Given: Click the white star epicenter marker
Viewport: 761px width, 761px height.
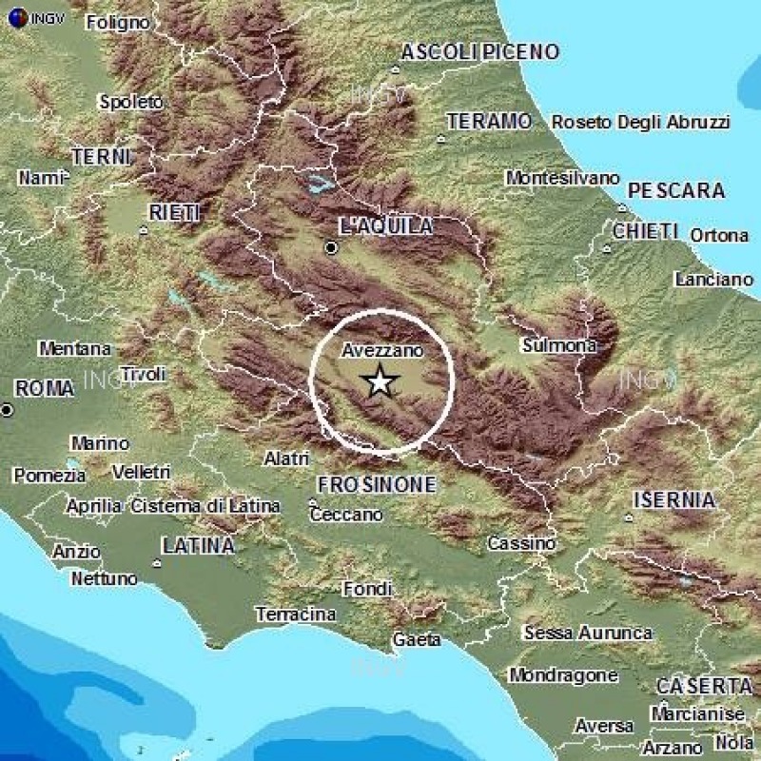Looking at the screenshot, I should pyautogui.click(x=380, y=381).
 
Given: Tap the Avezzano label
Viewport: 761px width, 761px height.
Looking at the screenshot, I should pyautogui.click(x=380, y=351).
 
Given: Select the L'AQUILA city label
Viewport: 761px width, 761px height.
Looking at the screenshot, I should pyautogui.click(x=385, y=226).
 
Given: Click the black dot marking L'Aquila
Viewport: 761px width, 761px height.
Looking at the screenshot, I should pyautogui.click(x=331, y=247).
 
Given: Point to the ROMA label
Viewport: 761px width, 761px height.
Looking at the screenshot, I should pyautogui.click(x=45, y=388).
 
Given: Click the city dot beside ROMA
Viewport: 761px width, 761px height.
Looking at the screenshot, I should pyautogui.click(x=8, y=410).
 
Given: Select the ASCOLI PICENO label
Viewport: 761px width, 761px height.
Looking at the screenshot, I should pyautogui.click(x=479, y=52).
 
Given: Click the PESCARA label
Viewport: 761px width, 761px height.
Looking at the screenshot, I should pyautogui.click(x=676, y=190).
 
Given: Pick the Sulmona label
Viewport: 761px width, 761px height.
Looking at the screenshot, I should pyautogui.click(x=559, y=345).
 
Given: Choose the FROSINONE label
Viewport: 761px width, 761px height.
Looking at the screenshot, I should pyautogui.click(x=376, y=484).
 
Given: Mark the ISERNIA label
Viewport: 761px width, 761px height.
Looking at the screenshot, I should pyautogui.click(x=673, y=499).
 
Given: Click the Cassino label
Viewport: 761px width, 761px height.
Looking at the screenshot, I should pyautogui.click(x=520, y=543).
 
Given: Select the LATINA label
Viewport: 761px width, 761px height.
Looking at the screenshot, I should pyautogui.click(x=198, y=546).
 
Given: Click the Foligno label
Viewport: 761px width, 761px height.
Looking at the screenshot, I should pyautogui.click(x=123, y=21).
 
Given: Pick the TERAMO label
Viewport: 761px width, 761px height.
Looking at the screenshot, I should pyautogui.click(x=488, y=121).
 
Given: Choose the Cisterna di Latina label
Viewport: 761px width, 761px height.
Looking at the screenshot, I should pyautogui.click(x=206, y=506).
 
